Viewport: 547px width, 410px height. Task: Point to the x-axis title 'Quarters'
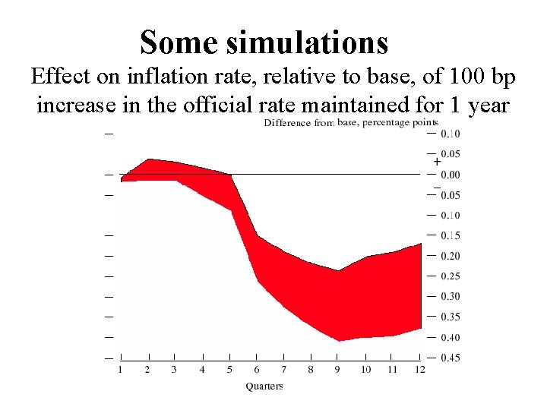pyautogui.click(x=264, y=386)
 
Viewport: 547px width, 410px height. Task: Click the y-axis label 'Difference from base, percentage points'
pyautogui.click(x=350, y=123)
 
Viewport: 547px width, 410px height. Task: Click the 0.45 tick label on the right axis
pyautogui.click(x=450, y=358)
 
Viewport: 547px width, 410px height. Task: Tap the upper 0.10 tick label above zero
pyautogui.click(x=450, y=134)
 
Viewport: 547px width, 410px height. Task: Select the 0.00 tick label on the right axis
pyautogui.click(x=450, y=175)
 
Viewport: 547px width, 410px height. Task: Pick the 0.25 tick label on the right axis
pyautogui.click(x=450, y=276)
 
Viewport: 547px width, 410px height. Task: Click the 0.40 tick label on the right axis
pyautogui.click(x=450, y=337)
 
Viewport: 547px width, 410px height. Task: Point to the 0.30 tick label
pyautogui.click(x=450, y=297)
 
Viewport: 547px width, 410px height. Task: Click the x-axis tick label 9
pyautogui.click(x=338, y=370)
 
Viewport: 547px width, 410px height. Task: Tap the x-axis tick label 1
pyautogui.click(x=121, y=370)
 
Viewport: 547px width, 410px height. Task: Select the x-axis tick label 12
pyautogui.click(x=420, y=370)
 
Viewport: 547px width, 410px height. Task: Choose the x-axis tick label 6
pyautogui.click(x=257, y=370)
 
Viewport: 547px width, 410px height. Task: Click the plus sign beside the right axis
pyautogui.click(x=437, y=162)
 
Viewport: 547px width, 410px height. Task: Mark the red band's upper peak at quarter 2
pyautogui.click(x=149, y=159)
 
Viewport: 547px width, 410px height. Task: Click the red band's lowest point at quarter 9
pyautogui.click(x=338, y=341)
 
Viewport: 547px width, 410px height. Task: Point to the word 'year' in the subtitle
pyautogui.click(x=489, y=104)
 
